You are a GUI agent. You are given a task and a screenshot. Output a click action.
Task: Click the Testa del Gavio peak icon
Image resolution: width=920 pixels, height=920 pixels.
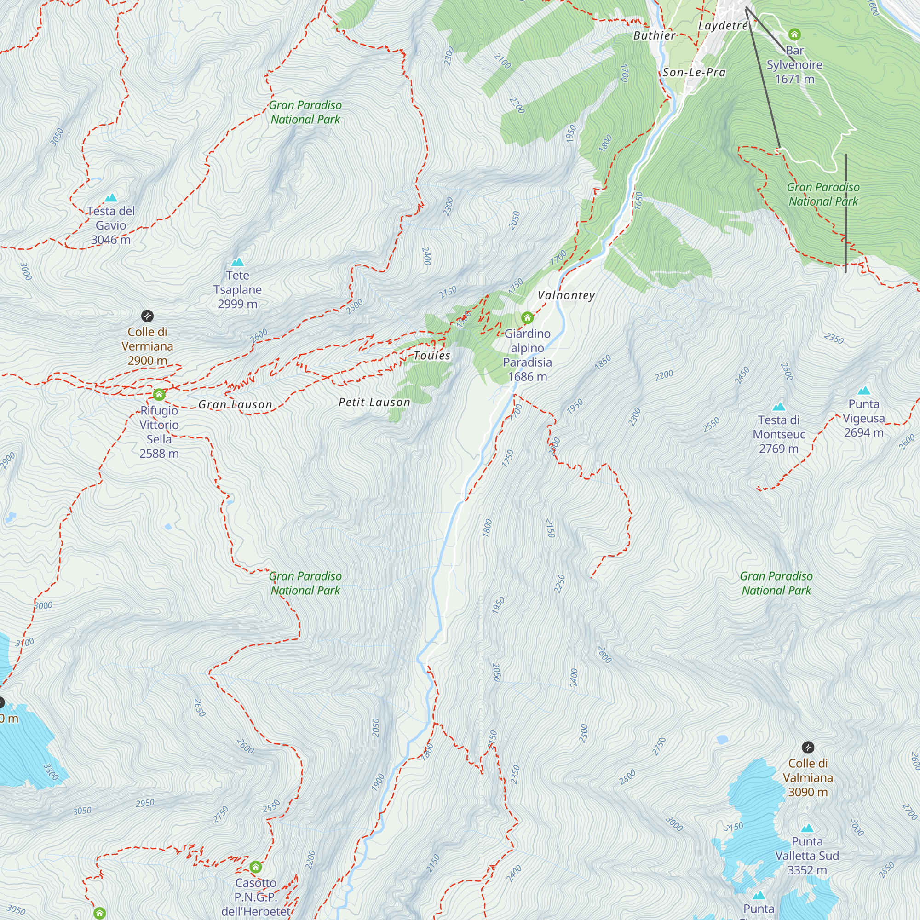click(111, 198)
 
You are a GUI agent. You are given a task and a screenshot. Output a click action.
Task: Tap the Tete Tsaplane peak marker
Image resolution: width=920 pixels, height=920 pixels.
click(237, 262)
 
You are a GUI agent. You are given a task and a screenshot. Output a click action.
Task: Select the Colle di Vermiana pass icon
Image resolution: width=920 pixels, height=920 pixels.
click(148, 316)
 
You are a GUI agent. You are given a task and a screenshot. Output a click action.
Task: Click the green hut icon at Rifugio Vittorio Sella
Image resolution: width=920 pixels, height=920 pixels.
click(159, 394)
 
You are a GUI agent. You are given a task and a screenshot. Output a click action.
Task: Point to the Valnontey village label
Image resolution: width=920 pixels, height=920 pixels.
click(566, 295)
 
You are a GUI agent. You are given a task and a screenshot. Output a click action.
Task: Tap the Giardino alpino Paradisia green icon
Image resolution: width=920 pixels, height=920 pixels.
click(527, 317)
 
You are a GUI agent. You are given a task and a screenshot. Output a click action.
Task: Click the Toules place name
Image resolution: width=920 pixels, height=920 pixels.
click(432, 355)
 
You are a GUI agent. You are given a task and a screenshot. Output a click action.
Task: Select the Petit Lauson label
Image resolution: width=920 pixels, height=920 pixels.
click(374, 402)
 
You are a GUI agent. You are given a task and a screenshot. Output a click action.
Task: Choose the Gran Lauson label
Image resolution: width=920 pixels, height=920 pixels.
click(235, 405)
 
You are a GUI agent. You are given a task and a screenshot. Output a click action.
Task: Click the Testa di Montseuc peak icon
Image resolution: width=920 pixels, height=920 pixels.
click(779, 406)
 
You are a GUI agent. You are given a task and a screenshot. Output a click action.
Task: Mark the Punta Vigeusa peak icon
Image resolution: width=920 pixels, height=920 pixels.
click(864, 391)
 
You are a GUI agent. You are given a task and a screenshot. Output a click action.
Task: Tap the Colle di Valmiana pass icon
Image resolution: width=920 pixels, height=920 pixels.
click(808, 747)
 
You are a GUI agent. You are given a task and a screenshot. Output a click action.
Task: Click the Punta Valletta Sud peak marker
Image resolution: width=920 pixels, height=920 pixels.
click(807, 828)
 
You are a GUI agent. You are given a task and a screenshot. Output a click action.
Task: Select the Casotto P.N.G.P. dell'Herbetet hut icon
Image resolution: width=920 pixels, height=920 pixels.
click(256, 867)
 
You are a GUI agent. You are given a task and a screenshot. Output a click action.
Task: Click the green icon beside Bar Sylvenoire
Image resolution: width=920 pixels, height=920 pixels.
click(794, 34)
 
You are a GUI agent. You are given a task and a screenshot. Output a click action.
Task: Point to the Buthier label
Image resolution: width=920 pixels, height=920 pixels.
click(654, 36)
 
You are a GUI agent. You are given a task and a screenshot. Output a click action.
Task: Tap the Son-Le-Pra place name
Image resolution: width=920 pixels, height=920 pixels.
click(694, 72)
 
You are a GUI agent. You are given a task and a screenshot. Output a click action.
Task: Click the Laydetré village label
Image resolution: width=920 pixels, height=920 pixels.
click(723, 26)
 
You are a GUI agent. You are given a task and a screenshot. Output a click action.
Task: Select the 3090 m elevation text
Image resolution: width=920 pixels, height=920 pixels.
click(808, 792)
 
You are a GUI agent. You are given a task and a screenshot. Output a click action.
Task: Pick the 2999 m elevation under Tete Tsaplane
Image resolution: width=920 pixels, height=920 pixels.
click(237, 304)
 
